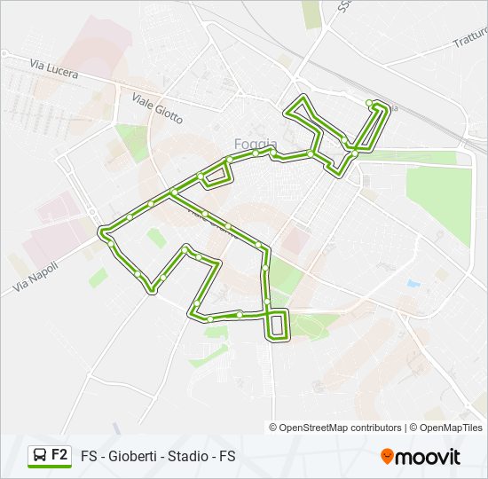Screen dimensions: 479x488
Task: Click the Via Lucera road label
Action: (x=53, y=69)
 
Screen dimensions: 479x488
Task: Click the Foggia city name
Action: (x=256, y=144)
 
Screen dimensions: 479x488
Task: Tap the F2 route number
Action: (x=59, y=455)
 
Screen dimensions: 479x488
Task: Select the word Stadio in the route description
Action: (x=187, y=457)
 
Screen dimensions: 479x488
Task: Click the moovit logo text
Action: (x=429, y=457)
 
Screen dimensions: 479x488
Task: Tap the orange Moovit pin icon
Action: (x=387, y=456)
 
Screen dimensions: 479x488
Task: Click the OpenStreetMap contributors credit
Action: (x=341, y=428)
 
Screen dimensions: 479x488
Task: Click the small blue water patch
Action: (x=413, y=284)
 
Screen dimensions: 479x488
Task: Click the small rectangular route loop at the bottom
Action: (x=278, y=325)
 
